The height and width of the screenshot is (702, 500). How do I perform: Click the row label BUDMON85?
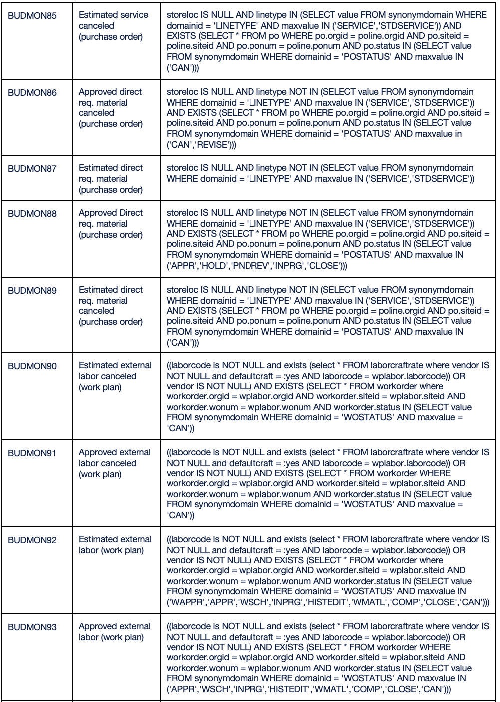(32, 15)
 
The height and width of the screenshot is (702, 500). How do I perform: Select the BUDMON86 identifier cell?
(32, 92)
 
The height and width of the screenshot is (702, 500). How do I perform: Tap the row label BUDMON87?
(32, 168)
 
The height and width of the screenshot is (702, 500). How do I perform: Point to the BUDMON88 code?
(32, 213)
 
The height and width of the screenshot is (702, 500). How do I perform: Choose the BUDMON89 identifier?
(32, 290)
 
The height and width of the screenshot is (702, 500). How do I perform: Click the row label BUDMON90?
(32, 366)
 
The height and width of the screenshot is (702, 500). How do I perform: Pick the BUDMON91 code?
(32, 453)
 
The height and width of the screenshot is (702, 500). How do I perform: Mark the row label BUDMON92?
(32, 540)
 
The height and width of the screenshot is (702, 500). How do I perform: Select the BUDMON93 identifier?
(32, 627)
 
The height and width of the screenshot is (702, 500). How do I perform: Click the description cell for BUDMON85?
(113, 26)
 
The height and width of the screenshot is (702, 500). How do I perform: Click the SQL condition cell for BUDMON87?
(320, 173)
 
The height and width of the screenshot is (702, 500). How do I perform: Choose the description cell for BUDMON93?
(115, 632)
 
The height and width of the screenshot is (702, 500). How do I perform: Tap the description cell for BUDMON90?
(115, 376)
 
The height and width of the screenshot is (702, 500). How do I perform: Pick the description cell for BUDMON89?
(111, 306)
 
